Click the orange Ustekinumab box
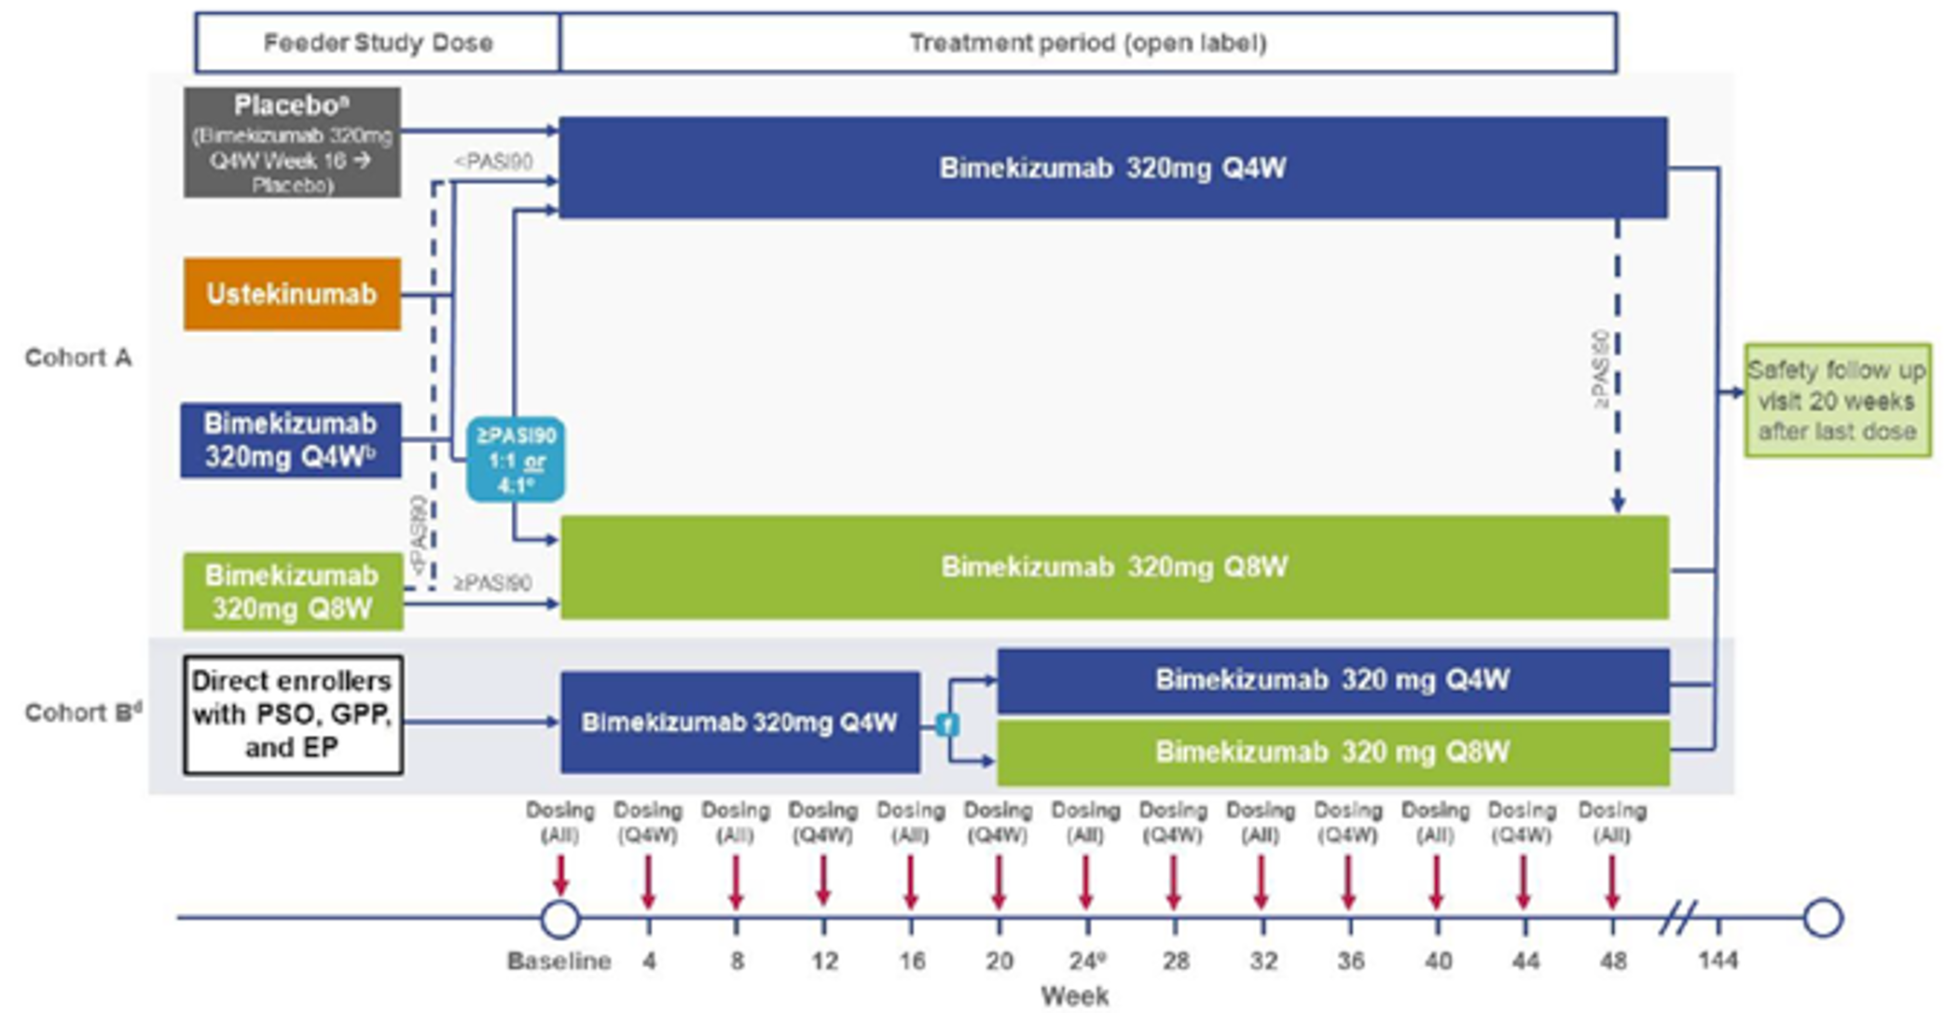point(292,294)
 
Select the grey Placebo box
point(292,143)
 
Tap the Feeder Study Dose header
point(378,43)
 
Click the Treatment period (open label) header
point(1087,43)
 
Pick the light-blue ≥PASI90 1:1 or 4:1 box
point(515,459)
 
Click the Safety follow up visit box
point(1837,400)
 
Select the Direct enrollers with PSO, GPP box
point(293,715)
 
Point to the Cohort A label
point(78,357)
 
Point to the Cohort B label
point(82,713)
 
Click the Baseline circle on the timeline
point(559,919)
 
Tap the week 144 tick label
point(1717,961)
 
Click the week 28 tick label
point(1175,961)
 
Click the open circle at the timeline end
point(1823,918)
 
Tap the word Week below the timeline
point(1074,996)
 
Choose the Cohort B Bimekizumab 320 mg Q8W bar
point(1332,753)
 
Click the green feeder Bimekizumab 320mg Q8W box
point(293,591)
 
